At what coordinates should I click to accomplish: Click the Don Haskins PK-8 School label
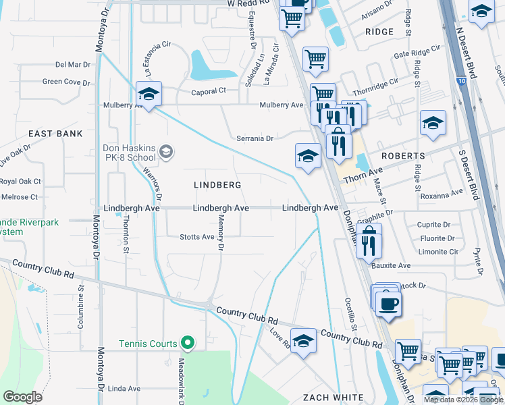pos(129,153)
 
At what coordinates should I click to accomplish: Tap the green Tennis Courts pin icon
pos(188,344)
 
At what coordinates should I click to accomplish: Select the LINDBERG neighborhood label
pos(217,184)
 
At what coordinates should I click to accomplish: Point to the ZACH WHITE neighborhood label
pos(333,397)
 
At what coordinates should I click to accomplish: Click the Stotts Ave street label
pos(197,237)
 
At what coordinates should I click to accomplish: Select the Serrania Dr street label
pos(255,138)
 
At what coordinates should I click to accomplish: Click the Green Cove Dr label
pos(66,82)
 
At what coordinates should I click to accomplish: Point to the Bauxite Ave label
pos(391,266)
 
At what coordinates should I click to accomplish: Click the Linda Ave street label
pos(124,389)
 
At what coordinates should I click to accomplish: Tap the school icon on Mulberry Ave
pos(149,94)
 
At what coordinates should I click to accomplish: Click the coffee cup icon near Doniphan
pos(388,304)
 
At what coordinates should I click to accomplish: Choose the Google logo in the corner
pos(22,397)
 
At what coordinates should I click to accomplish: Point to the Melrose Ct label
pos(19,197)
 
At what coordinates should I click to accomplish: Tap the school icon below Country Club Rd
pos(303,342)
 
